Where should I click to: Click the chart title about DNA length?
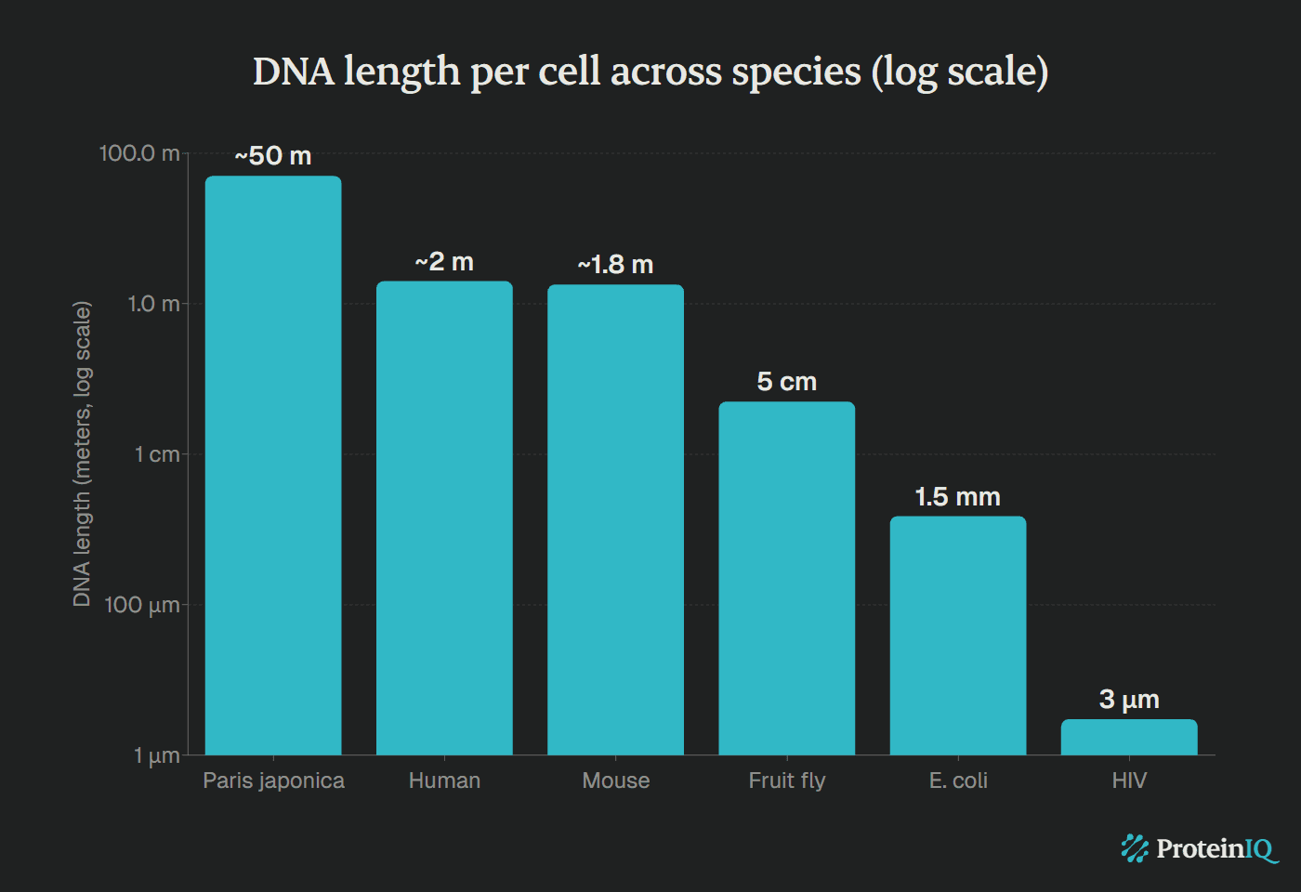pyautogui.click(x=650, y=72)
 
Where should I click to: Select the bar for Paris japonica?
pyautogui.click(x=273, y=465)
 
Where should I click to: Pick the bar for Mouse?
pyautogui.click(x=615, y=519)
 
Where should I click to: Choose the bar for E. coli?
pyautogui.click(x=958, y=636)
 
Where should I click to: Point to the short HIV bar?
pyautogui.click(x=1129, y=737)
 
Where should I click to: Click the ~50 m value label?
pyautogui.click(x=273, y=156)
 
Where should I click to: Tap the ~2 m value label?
pyautogui.click(x=444, y=262)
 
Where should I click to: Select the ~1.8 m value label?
pyautogui.click(x=615, y=265)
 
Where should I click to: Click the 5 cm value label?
pyautogui.click(x=786, y=382)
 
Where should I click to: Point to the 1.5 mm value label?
pyautogui.click(x=958, y=497)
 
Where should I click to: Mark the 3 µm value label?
pyautogui.click(x=1129, y=700)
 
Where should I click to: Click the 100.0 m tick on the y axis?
pyautogui.click(x=139, y=153)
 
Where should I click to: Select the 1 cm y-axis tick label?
pyautogui.click(x=156, y=454)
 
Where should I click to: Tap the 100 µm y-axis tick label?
pyautogui.click(x=141, y=605)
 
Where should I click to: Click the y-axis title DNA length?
pyautogui.click(x=82, y=453)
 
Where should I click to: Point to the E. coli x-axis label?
pyautogui.click(x=958, y=780)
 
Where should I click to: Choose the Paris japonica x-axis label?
pyautogui.click(x=273, y=780)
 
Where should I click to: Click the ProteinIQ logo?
pyautogui.click(x=1199, y=848)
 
